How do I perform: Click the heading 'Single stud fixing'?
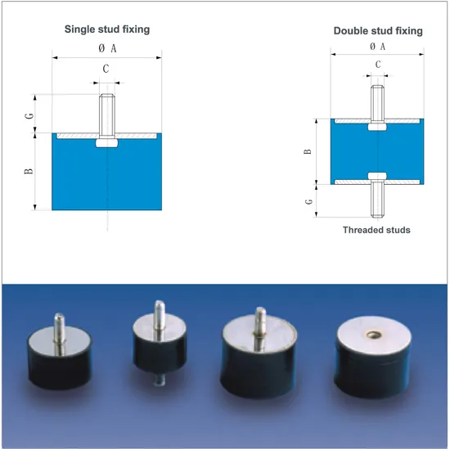tap(107, 29)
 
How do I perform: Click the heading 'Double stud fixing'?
tap(378, 31)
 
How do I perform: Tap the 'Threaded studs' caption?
tap(376, 230)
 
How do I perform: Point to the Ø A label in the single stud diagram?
tap(107, 48)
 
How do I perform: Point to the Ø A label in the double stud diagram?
tap(377, 46)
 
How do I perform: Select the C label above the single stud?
tap(106, 69)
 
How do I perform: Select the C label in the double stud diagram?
tap(378, 65)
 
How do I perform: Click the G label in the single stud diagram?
tap(29, 116)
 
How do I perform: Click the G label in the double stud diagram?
tap(308, 201)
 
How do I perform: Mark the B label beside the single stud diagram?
tap(29, 171)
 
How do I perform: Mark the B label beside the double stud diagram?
tap(308, 151)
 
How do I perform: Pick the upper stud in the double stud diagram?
tap(377, 104)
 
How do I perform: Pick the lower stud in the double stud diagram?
tap(377, 198)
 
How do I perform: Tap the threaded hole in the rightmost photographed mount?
tap(374, 334)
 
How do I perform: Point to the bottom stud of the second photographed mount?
tap(159, 379)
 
